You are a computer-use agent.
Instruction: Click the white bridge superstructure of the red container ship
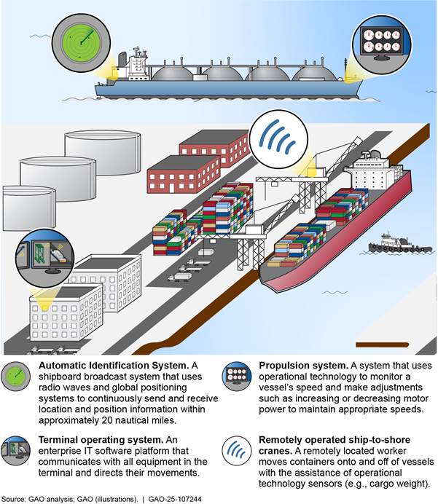pos(373,174)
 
